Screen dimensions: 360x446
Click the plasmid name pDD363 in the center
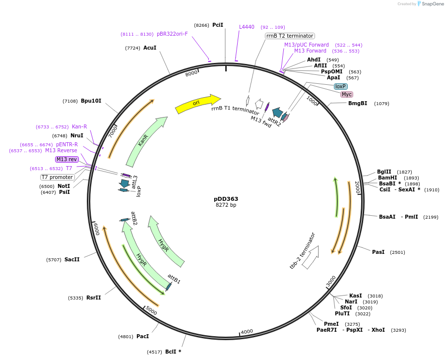point(226,199)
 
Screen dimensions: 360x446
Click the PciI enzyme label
point(217,25)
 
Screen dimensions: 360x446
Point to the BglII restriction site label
point(384,172)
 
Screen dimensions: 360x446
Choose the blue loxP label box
point(340,86)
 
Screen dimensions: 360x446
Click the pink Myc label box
point(347,94)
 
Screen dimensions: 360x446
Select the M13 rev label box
point(67,159)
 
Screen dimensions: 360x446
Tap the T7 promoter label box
point(57,177)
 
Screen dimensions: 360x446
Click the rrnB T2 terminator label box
point(290,36)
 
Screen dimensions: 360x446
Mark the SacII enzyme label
point(72,259)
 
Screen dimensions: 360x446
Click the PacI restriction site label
point(142,336)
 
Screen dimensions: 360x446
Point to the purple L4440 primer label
point(247,27)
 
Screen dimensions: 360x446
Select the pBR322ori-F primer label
point(172,34)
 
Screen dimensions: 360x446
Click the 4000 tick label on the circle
point(247,331)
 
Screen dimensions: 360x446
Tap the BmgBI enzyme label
point(358,104)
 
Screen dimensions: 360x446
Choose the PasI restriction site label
point(378,252)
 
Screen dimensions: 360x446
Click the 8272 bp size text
point(226,205)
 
